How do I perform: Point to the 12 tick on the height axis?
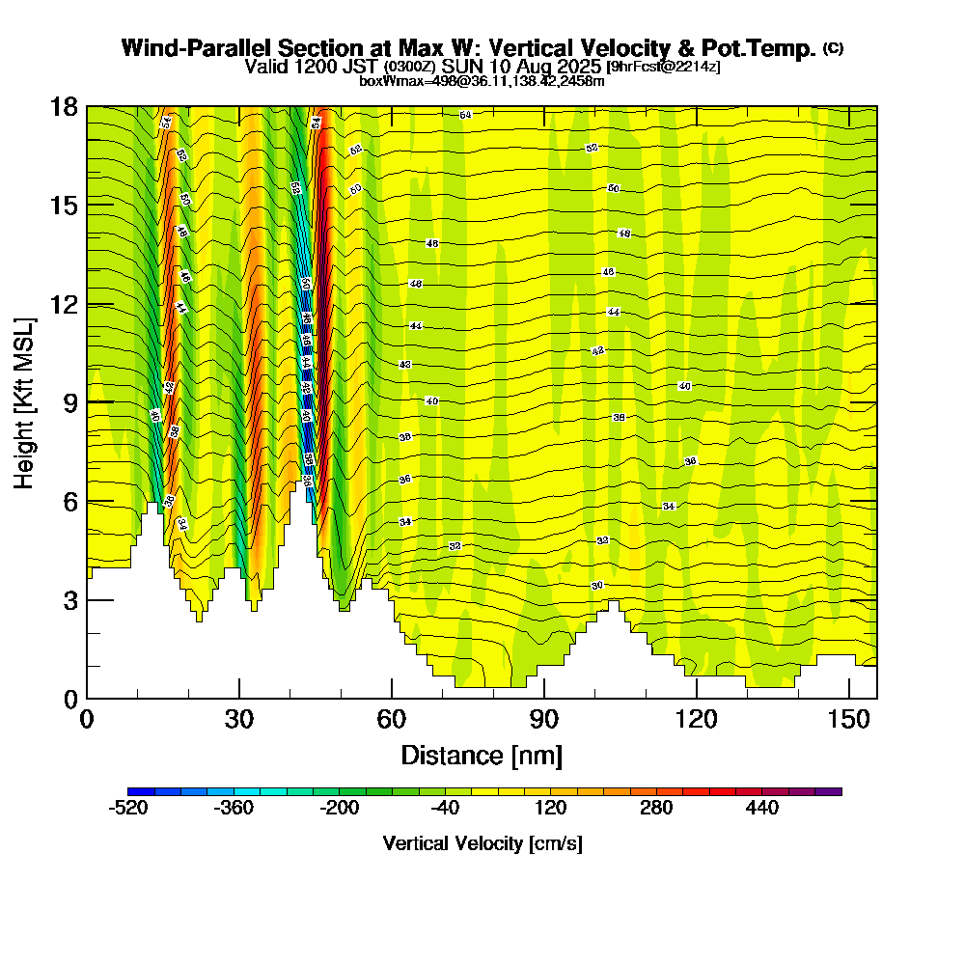87,304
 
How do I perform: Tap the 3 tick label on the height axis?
69,600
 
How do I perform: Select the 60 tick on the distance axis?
392,698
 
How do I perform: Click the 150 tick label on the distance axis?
848,719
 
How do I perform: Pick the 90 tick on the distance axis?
544,698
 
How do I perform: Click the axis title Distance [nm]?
482,755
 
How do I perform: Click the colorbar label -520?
128,809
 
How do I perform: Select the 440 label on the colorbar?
762,809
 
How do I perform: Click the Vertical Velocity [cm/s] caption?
482,843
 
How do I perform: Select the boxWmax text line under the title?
482,81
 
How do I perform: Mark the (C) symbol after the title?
833,47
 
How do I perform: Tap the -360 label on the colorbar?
234,809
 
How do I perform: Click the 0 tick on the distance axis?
87,698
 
